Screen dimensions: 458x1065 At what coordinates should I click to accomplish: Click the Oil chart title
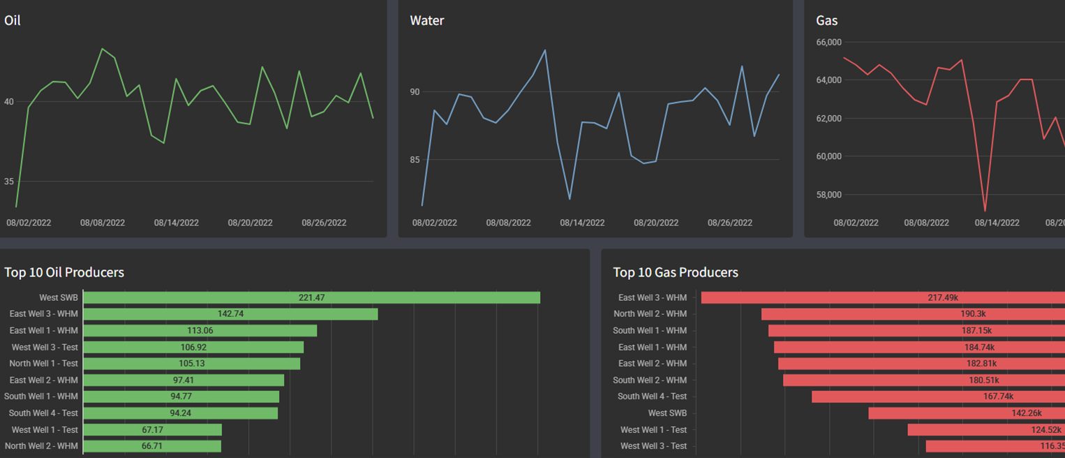click(13, 21)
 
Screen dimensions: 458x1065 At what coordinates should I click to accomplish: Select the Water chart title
click(427, 21)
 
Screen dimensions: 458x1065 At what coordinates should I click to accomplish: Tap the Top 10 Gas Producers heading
click(676, 272)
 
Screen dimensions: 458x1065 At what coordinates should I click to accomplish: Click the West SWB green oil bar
click(311, 297)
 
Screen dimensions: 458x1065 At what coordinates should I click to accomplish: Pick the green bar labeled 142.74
click(230, 314)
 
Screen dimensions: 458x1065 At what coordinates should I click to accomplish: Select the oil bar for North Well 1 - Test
click(192, 364)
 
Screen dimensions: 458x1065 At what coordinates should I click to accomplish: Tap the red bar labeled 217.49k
click(883, 297)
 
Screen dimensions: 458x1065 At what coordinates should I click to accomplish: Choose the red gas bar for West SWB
click(967, 413)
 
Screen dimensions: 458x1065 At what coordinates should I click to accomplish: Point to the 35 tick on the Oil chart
click(9, 182)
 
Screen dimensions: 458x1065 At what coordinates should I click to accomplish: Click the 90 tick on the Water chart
click(415, 92)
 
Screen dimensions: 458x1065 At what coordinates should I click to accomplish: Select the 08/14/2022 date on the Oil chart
click(177, 223)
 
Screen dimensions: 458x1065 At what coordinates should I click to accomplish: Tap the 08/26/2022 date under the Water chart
click(730, 223)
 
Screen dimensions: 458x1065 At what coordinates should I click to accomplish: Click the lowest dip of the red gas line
click(985, 211)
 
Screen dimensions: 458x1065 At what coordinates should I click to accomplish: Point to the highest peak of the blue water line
click(545, 50)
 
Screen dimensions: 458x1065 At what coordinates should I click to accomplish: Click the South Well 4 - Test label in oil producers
click(41, 413)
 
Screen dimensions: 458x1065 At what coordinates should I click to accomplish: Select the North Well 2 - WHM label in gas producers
click(650, 314)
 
